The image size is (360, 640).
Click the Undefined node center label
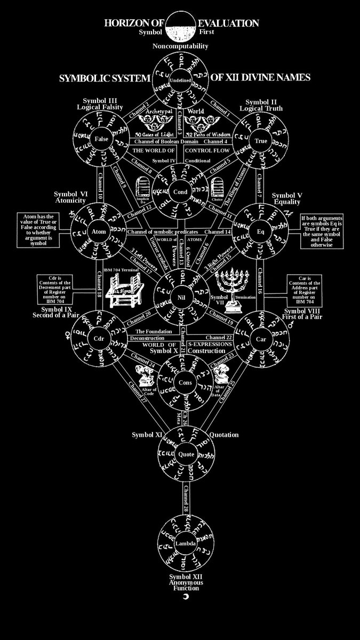[x=180, y=80]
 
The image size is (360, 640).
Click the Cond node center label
[x=180, y=191]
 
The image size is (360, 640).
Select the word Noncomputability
[x=180, y=47]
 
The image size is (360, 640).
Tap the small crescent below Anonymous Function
[x=186, y=596]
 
